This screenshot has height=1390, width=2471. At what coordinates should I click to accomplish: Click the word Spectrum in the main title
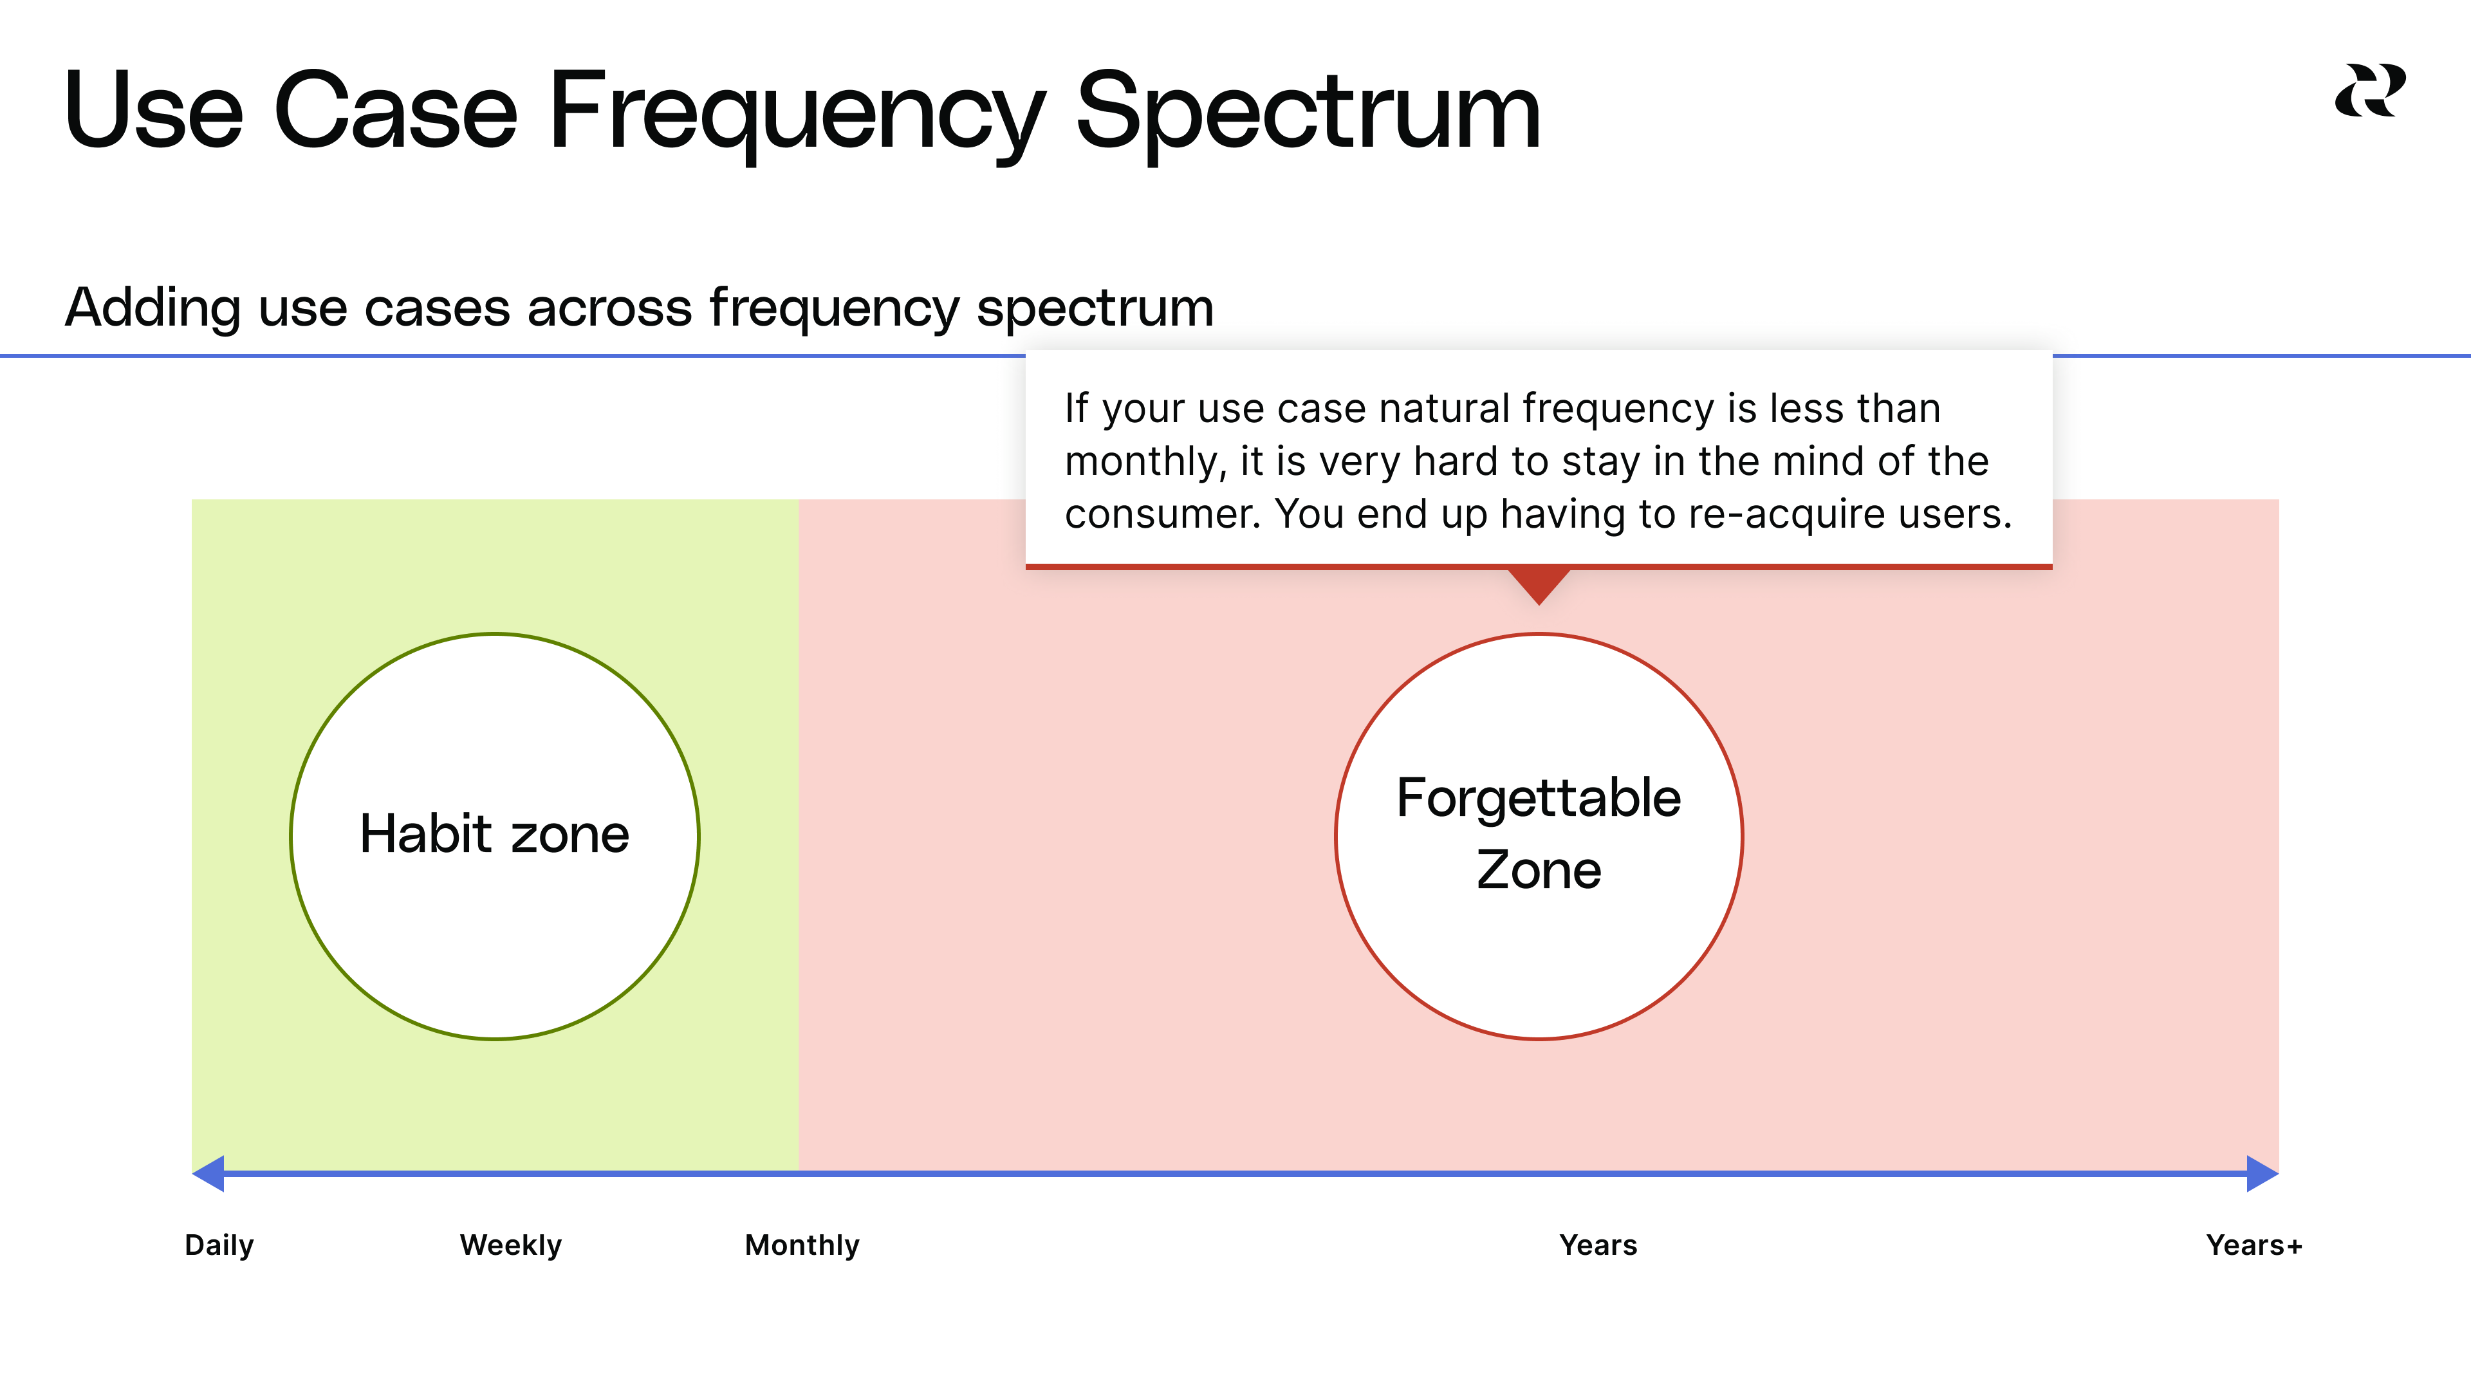pyautogui.click(x=1308, y=113)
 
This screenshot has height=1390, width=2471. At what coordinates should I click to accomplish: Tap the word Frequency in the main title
pyautogui.click(x=796, y=113)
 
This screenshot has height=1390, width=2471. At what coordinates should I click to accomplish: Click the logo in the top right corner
pyautogui.click(x=2369, y=90)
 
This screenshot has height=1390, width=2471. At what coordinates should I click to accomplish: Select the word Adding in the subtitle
pyautogui.click(x=153, y=308)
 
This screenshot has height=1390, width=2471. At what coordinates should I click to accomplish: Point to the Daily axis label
pyautogui.click(x=219, y=1245)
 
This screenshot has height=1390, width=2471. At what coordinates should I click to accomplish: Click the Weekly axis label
pyautogui.click(x=510, y=1245)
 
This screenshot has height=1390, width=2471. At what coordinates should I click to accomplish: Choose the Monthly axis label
pyautogui.click(x=802, y=1245)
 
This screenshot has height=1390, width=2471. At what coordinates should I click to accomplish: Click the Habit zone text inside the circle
pyautogui.click(x=495, y=833)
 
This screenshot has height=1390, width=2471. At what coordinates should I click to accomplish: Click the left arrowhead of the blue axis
pyautogui.click(x=208, y=1173)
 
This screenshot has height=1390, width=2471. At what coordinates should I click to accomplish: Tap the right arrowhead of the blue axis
pyautogui.click(x=2263, y=1173)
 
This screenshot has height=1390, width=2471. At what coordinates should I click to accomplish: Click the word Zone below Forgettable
pyautogui.click(x=1539, y=869)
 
